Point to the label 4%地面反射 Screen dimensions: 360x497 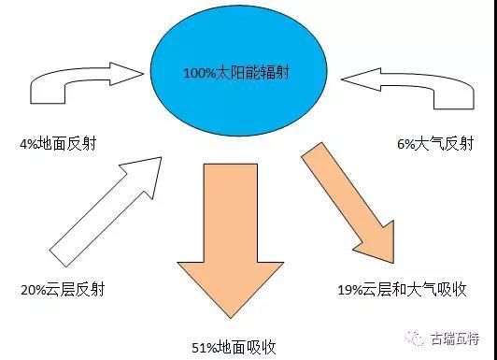click(x=59, y=144)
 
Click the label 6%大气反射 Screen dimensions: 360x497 click(x=434, y=144)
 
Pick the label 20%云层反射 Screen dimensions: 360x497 click(x=62, y=290)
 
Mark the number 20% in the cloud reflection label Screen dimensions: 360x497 click(x=31, y=290)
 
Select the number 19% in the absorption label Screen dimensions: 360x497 click(x=349, y=290)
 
